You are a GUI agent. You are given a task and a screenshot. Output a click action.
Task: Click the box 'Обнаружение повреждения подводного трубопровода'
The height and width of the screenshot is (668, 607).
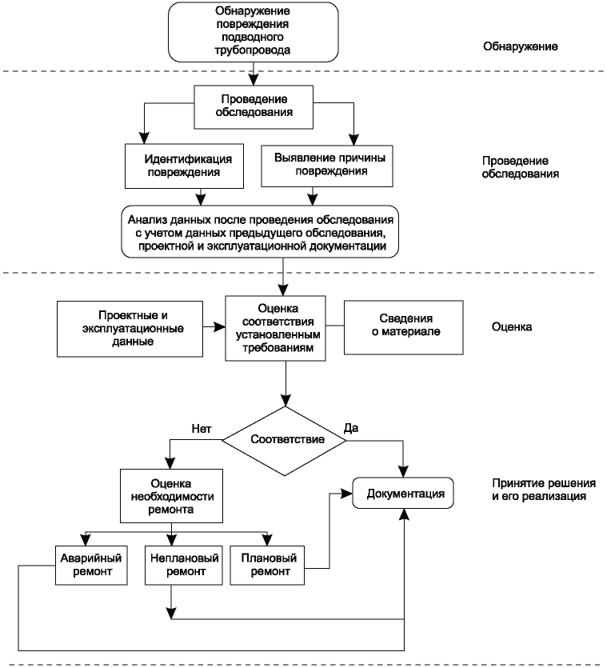click(x=253, y=32)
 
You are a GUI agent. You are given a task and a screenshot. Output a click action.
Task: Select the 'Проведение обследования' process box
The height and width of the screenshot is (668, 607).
click(x=254, y=107)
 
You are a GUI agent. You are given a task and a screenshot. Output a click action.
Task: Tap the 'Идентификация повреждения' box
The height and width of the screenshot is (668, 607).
click(x=184, y=166)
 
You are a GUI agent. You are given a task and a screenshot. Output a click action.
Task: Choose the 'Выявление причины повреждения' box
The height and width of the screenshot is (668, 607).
click(x=327, y=166)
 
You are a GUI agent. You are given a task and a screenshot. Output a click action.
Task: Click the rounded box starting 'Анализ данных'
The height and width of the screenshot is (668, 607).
click(x=260, y=232)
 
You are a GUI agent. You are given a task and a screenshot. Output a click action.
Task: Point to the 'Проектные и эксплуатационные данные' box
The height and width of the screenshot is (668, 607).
click(x=130, y=329)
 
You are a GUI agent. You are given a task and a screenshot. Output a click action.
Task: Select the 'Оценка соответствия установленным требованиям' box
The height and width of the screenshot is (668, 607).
click(x=276, y=329)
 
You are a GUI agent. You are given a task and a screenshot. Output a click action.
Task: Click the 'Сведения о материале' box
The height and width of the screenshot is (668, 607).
click(x=403, y=327)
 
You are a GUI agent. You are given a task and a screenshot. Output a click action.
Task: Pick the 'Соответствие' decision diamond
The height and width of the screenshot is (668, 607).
click(x=285, y=441)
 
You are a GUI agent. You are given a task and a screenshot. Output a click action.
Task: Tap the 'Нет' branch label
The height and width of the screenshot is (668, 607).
click(x=202, y=429)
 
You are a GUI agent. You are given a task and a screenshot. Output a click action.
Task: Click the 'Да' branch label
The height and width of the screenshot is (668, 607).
click(x=351, y=428)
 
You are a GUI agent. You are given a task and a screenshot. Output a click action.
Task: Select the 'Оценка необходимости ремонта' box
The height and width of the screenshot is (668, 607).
click(x=171, y=496)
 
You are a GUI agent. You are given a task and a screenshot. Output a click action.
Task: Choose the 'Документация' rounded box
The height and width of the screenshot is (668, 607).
click(x=403, y=493)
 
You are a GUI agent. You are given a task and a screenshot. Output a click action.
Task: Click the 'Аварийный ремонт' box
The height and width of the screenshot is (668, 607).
click(x=91, y=565)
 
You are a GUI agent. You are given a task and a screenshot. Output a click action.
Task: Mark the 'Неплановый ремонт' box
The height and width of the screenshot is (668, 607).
click(x=184, y=565)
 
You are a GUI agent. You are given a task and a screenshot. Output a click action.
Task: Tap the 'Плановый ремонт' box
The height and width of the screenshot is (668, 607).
click(x=267, y=565)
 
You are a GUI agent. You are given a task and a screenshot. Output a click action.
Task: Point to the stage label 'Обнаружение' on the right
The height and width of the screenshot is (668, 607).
click(x=520, y=46)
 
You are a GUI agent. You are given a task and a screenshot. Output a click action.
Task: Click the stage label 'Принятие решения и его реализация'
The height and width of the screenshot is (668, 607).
click(x=544, y=490)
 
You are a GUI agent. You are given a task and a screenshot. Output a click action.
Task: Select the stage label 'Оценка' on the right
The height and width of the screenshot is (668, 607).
click(x=512, y=326)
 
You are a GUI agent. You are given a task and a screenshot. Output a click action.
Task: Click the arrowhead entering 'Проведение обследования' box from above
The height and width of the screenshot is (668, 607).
click(x=254, y=80)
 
